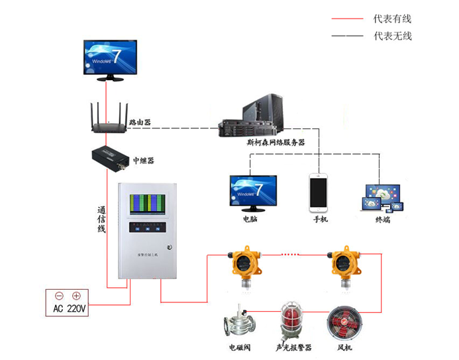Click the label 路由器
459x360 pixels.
(140, 122)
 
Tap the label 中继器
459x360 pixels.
(144, 160)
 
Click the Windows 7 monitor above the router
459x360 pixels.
(110, 60)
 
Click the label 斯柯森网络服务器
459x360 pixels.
(275, 142)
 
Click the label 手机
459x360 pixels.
(320, 219)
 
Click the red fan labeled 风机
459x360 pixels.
(343, 322)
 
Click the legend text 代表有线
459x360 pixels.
(393, 19)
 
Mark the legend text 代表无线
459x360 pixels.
(393, 36)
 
